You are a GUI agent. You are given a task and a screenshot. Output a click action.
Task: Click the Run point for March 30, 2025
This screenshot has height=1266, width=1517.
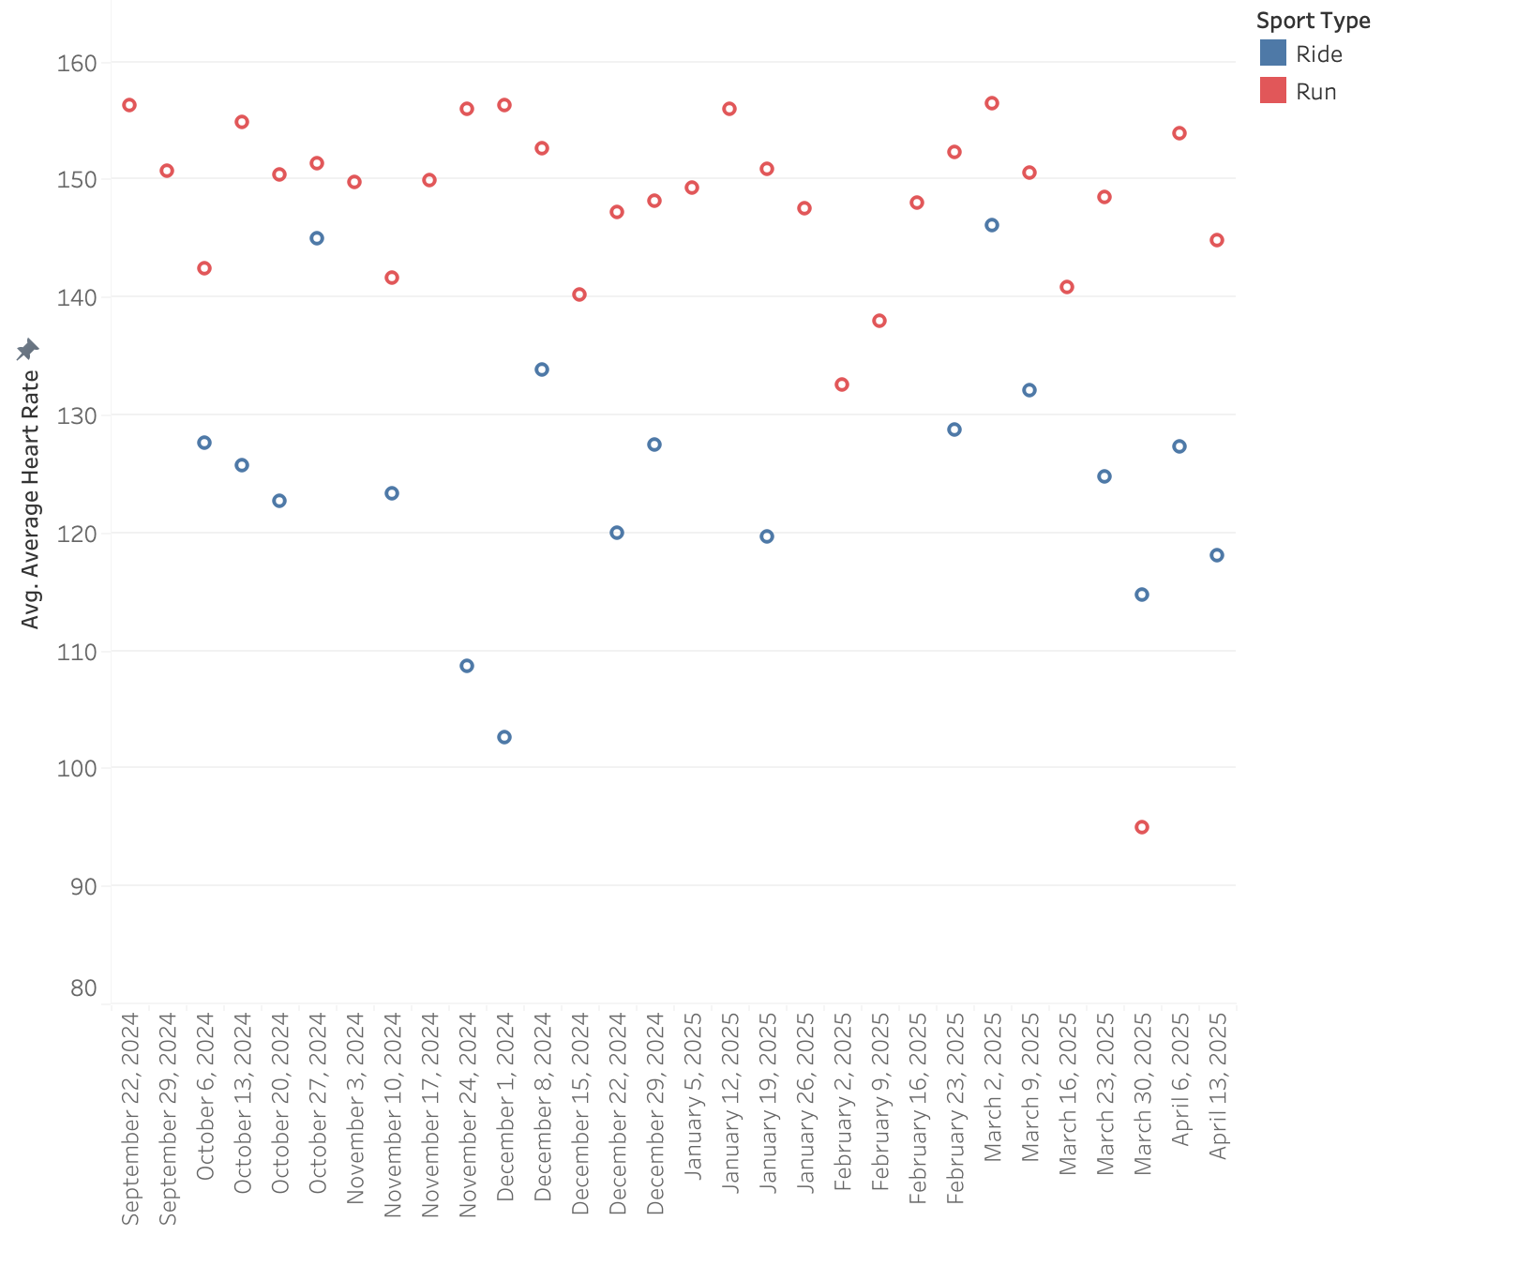click(1141, 827)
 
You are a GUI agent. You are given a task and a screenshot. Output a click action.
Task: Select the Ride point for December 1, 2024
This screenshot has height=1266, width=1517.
click(504, 737)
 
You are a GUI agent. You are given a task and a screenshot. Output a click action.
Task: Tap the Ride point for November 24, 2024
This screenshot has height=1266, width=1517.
click(467, 666)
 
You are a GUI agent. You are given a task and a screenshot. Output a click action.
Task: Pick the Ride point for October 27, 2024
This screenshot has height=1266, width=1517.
click(317, 238)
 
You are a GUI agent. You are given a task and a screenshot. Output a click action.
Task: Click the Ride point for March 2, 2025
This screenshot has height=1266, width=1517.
click(992, 225)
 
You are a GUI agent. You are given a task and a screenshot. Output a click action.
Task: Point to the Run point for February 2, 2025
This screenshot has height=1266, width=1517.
click(842, 384)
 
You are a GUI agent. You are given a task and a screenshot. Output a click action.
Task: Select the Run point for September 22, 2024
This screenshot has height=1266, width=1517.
click(129, 105)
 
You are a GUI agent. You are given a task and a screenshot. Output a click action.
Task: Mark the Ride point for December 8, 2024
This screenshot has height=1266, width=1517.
click(542, 369)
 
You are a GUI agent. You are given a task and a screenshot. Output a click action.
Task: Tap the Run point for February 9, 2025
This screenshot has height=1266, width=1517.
click(879, 321)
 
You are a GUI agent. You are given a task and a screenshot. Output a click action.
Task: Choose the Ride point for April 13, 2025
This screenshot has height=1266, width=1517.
click(1217, 555)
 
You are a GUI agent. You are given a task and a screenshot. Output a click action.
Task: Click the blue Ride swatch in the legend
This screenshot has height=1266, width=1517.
click(1272, 53)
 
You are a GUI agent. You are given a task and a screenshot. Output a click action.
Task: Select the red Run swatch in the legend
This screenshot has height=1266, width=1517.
click(1272, 91)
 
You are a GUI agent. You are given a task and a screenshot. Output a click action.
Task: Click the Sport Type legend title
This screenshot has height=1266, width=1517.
click(1313, 21)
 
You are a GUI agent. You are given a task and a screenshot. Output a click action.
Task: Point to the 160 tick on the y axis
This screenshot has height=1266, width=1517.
click(78, 63)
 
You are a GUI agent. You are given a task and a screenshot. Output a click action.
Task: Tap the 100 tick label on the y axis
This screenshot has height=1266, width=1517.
click(78, 768)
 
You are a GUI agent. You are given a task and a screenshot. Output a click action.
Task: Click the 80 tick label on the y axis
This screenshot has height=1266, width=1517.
click(83, 988)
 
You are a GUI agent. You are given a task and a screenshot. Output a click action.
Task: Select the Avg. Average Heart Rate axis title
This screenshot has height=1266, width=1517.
click(30, 499)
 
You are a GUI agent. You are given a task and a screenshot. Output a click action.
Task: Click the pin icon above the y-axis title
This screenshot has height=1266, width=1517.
click(27, 350)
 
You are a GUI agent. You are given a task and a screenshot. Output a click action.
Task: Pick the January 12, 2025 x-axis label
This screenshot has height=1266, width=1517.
click(730, 1103)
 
